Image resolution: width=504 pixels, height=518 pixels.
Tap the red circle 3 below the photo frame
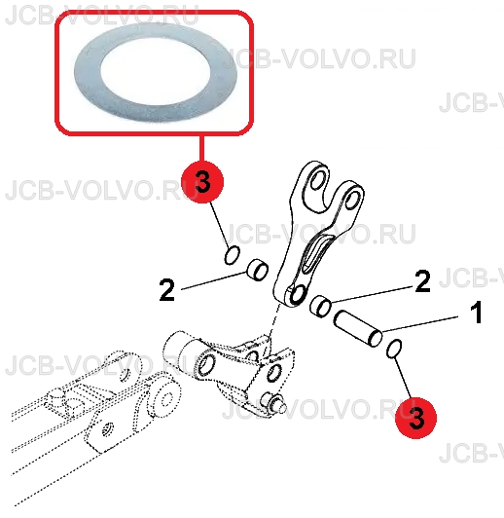202,182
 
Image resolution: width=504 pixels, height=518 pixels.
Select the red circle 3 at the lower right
416,418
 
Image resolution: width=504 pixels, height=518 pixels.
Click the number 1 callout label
476,313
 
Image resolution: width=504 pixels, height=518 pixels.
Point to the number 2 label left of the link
166,290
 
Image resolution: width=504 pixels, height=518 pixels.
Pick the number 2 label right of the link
423,280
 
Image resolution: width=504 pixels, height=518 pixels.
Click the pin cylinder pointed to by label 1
358,329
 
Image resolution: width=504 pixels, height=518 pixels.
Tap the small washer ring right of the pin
394,349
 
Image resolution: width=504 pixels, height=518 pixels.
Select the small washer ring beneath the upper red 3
232,255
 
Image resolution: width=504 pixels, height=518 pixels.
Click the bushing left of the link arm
258,270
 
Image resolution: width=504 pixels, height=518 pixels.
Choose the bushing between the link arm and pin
320,307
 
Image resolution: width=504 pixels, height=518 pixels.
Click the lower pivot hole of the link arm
298,294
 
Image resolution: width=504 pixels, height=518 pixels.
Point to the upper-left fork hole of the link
317,179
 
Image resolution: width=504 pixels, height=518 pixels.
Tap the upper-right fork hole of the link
352,200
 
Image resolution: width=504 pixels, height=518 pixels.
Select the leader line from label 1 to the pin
420,323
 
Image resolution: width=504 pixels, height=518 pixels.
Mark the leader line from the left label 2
214,280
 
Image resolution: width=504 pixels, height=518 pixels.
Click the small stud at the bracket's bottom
273,404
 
